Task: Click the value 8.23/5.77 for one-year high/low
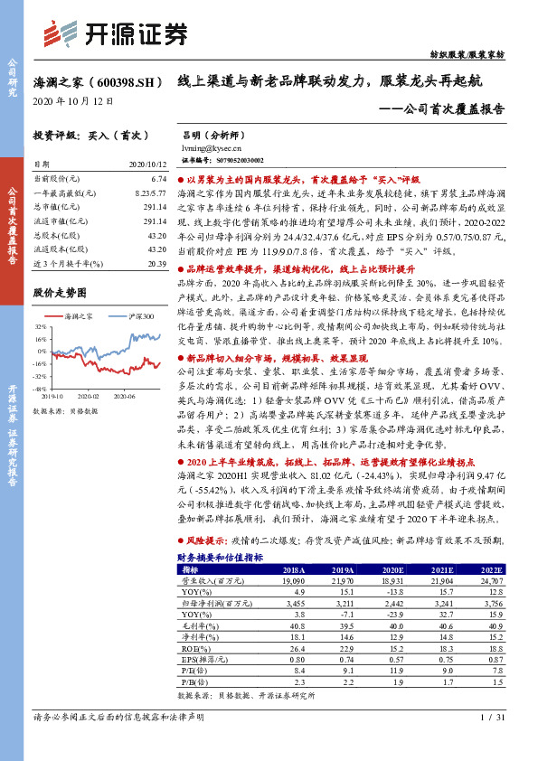[x=150, y=193]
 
